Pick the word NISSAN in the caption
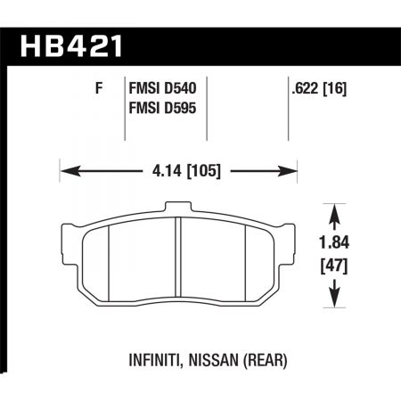tap(207, 364)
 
